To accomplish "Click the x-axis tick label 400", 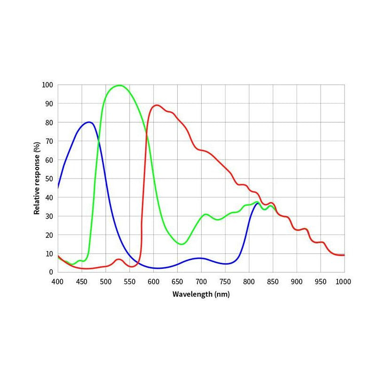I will tap(57, 281).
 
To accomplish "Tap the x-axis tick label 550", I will tap(129, 281).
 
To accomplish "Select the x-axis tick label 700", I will tap(201, 281).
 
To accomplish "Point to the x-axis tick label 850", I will tap(273, 281).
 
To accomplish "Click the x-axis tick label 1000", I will tap(343, 281).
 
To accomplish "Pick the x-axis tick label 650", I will tap(177, 281).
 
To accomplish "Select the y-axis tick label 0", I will tap(52, 272).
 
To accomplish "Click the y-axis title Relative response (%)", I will tap(37, 179).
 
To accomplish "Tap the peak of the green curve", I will tap(119, 85).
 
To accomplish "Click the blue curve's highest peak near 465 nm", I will tap(88, 122).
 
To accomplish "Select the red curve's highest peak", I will tap(157, 105).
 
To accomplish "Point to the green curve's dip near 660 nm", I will tap(182, 244).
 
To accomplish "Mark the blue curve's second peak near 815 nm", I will tap(257, 203).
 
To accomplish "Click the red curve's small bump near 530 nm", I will tap(118, 259).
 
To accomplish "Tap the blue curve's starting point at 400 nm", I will tap(58, 188).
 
